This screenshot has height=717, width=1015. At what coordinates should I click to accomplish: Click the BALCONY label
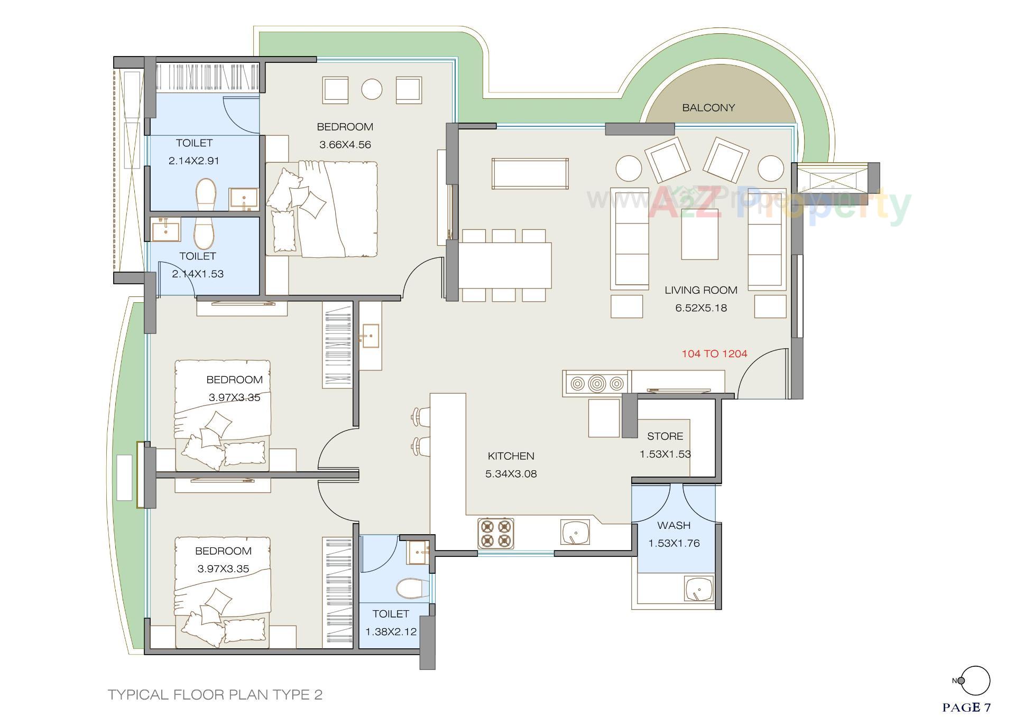[x=708, y=108]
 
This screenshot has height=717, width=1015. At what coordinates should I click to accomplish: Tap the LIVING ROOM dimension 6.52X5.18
[x=700, y=308]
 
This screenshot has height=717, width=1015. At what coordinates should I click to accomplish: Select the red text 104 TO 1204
[x=714, y=354]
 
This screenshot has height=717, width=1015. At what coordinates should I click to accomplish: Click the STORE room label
[x=665, y=436]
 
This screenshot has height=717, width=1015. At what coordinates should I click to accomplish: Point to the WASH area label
[x=673, y=525]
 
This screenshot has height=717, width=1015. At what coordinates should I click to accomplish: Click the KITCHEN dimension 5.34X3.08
[x=511, y=474]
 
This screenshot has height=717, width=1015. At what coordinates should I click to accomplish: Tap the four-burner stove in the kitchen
[x=496, y=533]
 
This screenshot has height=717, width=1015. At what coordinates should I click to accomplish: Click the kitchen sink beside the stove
[x=575, y=532]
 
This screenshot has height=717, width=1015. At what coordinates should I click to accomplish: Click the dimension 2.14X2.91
[x=193, y=161]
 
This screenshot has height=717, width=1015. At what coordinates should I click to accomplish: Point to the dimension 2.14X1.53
[x=197, y=274]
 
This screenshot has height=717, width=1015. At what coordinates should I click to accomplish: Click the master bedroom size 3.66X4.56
[x=345, y=145]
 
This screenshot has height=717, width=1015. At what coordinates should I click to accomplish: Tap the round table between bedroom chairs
[x=372, y=89]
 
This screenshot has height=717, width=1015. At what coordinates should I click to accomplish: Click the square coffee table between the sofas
[x=699, y=234]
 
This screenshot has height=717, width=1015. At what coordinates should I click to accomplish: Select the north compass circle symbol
[x=975, y=681]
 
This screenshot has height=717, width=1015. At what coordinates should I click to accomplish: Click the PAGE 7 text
[x=966, y=707]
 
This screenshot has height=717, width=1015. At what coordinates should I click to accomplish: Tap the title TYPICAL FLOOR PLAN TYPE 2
[x=215, y=694]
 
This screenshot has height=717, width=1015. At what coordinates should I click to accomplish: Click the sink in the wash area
[x=698, y=589]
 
